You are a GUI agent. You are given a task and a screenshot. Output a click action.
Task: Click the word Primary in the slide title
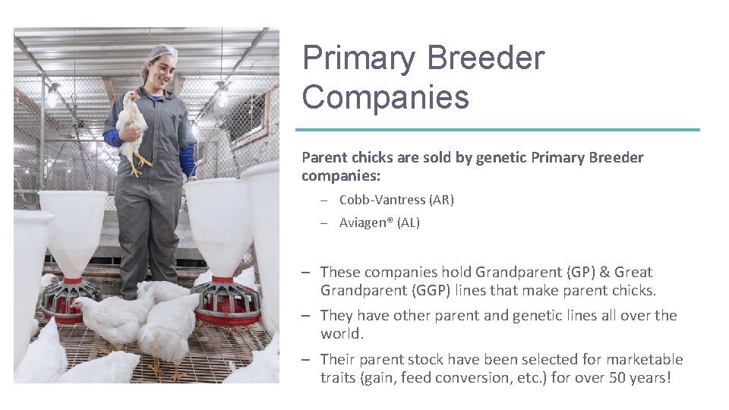point(359,58)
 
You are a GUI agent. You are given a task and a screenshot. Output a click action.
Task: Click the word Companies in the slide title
point(386,98)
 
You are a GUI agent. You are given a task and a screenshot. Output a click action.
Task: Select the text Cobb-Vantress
point(382,200)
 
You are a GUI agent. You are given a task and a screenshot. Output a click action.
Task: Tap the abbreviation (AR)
point(441,200)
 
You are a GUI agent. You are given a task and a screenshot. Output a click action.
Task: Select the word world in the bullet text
point(340,333)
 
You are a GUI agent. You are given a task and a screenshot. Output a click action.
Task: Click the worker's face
point(163,71)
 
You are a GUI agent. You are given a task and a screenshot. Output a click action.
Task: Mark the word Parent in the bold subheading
point(323,158)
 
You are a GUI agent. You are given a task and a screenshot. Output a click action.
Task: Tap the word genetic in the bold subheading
point(501,158)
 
